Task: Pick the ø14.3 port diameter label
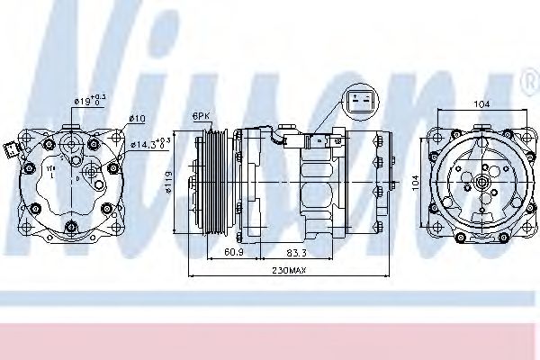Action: pos(150,142)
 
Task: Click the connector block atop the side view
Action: pos(317,140)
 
